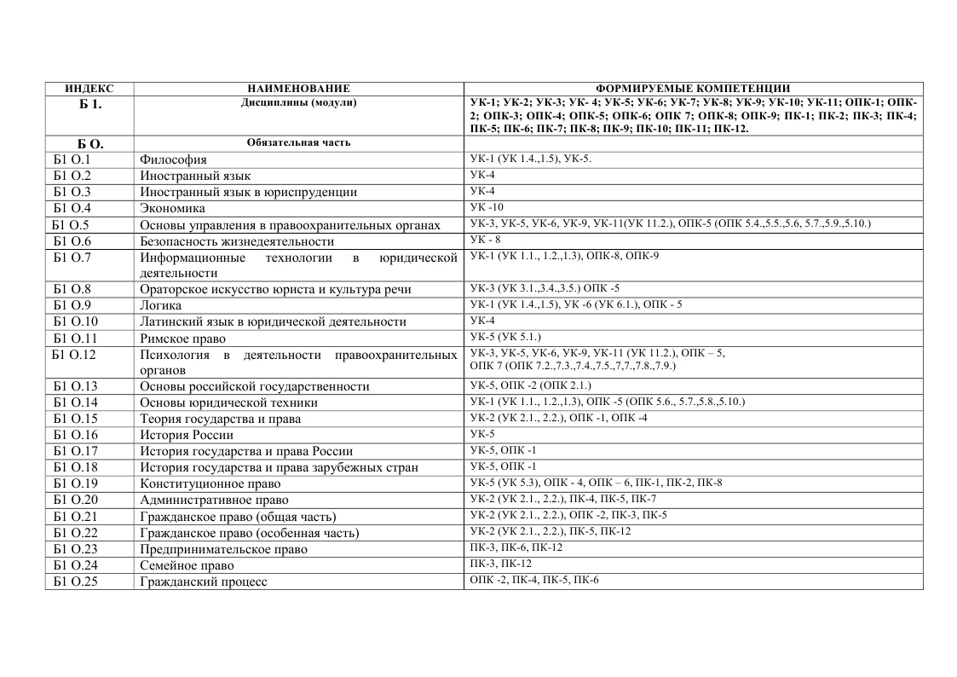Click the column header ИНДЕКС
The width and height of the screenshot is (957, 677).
pyautogui.click(x=89, y=89)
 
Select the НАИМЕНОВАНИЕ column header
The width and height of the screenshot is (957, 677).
pyautogui.click(x=298, y=89)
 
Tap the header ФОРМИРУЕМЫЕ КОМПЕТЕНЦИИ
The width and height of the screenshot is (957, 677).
pyautogui.click(x=693, y=89)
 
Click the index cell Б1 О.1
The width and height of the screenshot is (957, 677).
pyautogui.click(x=72, y=159)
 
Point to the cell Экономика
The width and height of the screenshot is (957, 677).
pyautogui.click(x=173, y=208)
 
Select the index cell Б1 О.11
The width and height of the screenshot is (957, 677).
pyautogui.click(x=75, y=338)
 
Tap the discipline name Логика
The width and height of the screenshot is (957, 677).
pyautogui.click(x=161, y=305)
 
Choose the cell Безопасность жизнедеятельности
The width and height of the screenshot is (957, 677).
pyautogui.click(x=237, y=241)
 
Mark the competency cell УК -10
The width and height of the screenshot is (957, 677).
pyautogui.click(x=487, y=207)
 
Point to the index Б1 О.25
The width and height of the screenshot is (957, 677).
pyautogui.click(x=75, y=582)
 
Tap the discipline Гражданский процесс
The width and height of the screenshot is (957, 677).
pyautogui.click(x=204, y=582)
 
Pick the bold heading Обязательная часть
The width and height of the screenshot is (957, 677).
pyautogui.click(x=298, y=142)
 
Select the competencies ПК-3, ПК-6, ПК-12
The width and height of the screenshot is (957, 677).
pyautogui.click(x=516, y=547)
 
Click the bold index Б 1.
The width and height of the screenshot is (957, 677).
pyautogui.click(x=89, y=104)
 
